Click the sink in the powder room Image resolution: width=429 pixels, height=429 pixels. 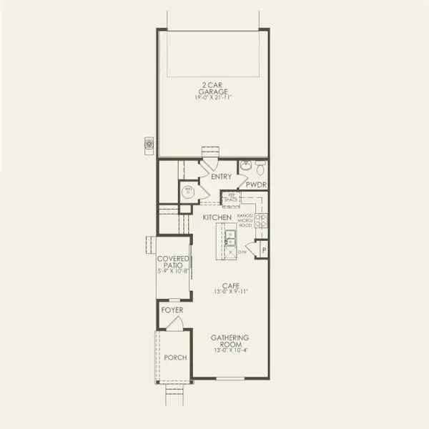tap(245, 167)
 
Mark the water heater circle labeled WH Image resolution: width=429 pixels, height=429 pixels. tap(189, 191)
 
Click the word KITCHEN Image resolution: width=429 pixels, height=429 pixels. tap(216, 216)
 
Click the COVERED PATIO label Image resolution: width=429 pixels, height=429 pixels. tap(174, 262)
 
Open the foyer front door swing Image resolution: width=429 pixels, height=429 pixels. tap(176, 323)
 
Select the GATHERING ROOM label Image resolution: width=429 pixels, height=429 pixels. tap(229, 341)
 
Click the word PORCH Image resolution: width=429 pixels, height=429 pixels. tap(174, 357)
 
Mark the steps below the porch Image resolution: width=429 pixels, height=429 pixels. tap(174, 393)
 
